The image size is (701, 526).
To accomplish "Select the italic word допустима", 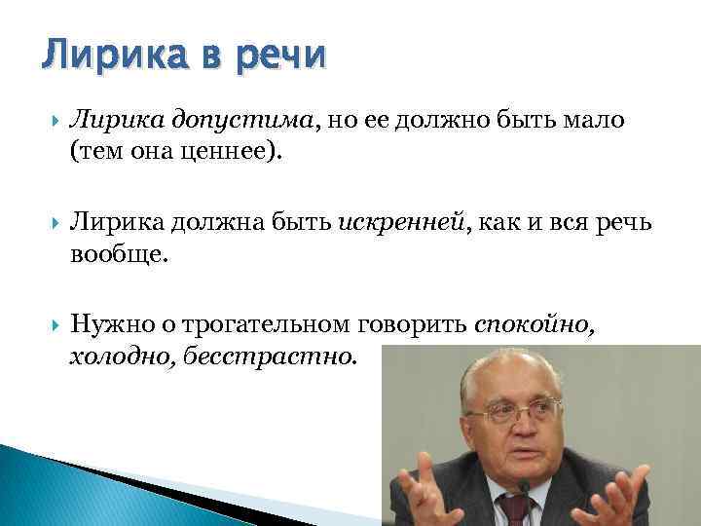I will [x=243, y=120].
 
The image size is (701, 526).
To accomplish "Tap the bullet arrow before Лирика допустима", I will [x=48, y=120].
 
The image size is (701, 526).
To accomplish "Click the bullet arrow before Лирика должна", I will [x=48, y=227].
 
